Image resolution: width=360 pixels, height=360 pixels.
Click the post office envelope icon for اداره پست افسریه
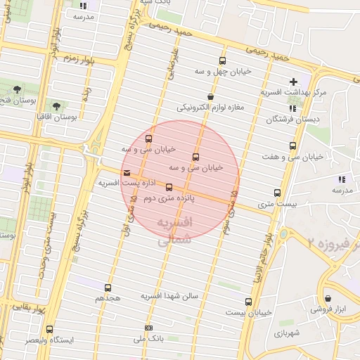click(x=127, y=172)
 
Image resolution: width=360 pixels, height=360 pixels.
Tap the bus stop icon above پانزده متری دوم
click(x=169, y=187)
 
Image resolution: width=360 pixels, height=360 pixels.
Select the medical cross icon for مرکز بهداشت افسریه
click(x=294, y=82)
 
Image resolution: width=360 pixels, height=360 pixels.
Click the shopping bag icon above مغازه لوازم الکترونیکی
click(x=210, y=97)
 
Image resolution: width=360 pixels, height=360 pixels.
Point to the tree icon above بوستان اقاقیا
click(x=56, y=106)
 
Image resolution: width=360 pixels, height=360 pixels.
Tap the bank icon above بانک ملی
click(x=148, y=328)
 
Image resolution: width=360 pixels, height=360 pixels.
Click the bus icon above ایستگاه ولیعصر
click(x=49, y=329)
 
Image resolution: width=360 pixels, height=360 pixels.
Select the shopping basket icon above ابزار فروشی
click(x=327, y=298)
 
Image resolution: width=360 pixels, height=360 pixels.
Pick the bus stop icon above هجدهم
click(x=108, y=288)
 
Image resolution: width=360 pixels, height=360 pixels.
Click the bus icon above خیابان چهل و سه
click(x=223, y=61)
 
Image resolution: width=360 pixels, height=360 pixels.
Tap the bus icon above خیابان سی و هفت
click(x=292, y=146)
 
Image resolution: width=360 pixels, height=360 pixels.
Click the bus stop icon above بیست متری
click(x=277, y=193)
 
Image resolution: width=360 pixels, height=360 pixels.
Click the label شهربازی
click(x=288, y=331)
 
